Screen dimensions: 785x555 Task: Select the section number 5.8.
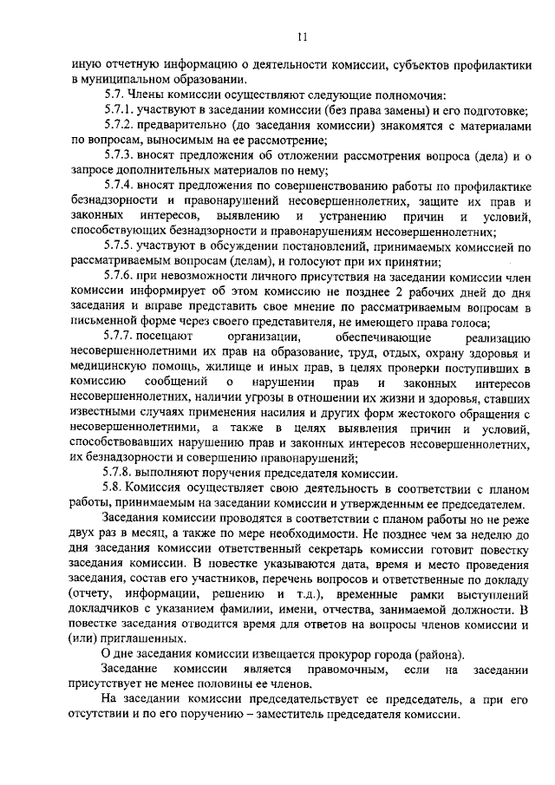tap(114, 488)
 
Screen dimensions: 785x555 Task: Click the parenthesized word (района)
tap(442, 653)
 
